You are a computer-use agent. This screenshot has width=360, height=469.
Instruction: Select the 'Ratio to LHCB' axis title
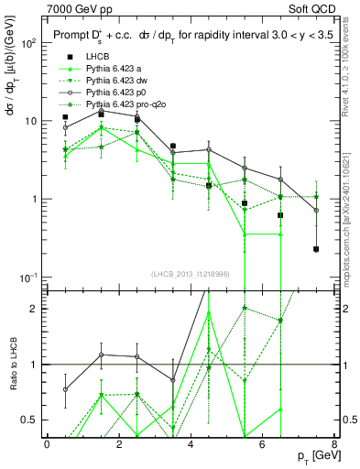pos(11,365)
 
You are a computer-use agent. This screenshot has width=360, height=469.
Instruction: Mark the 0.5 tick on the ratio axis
pos(34,420)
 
